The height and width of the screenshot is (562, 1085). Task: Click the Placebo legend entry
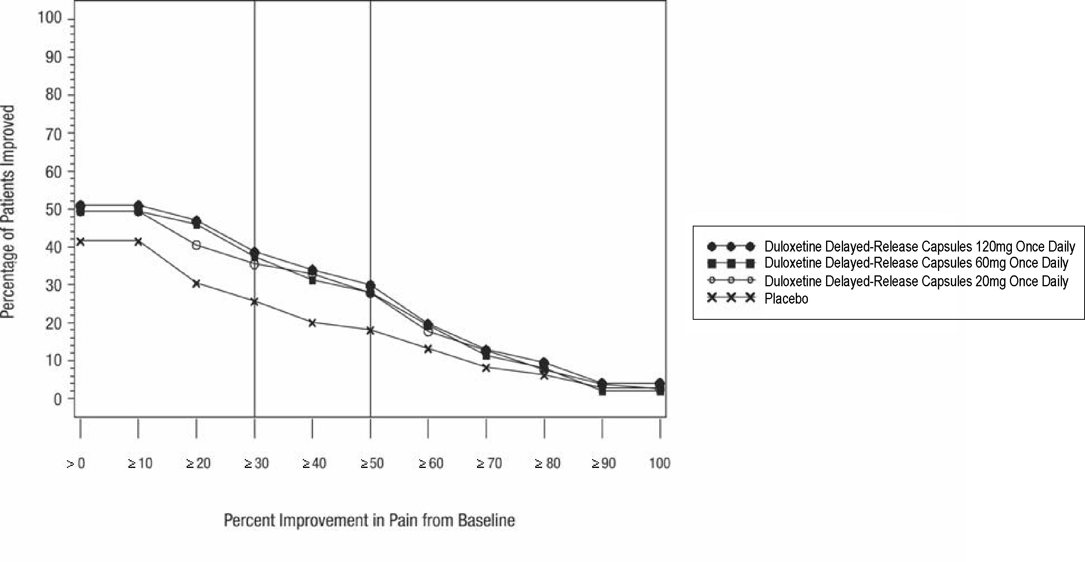(786, 298)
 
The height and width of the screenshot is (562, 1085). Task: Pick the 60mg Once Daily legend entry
(916, 263)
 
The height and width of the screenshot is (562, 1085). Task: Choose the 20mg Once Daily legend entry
(916, 281)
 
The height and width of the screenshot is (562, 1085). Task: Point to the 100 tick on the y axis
(50, 18)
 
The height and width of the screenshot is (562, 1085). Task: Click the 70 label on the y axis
(53, 134)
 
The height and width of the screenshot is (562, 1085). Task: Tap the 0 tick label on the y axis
(58, 398)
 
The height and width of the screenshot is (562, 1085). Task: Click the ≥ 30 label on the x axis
(256, 463)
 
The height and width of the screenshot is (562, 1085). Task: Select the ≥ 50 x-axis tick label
(372, 463)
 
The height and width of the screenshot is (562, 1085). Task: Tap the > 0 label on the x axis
(76, 463)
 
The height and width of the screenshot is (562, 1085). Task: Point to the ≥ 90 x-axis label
(603, 463)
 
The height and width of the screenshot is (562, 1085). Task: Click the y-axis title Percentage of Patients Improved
(8, 212)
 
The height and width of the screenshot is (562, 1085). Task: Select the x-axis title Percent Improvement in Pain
(369, 520)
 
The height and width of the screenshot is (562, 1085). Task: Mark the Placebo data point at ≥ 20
(196, 283)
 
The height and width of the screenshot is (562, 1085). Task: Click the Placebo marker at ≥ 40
(312, 323)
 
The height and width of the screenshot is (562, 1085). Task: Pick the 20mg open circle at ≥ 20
(196, 245)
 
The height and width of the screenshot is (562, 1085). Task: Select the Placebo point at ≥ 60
(428, 349)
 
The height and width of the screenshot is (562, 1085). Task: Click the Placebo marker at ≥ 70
(486, 367)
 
